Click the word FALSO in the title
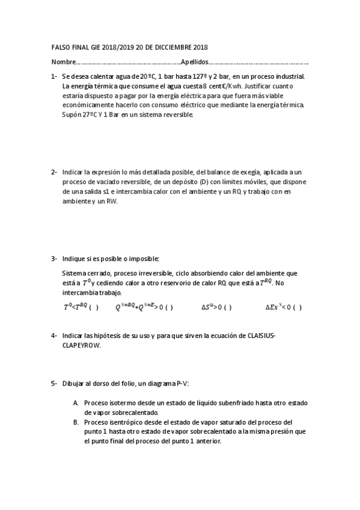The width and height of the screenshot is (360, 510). [x=61, y=48]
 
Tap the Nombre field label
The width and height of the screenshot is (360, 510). [x=64, y=62]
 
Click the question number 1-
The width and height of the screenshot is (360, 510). [x=54, y=76]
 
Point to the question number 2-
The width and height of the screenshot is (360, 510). [x=54, y=172]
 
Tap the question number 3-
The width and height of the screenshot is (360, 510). [x=54, y=259]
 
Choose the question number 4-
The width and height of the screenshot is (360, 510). [x=54, y=335]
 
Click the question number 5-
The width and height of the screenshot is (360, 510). [x=54, y=382]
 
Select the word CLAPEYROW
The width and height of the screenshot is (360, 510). [x=82, y=346]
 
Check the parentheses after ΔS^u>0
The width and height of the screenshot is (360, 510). [x=227, y=307]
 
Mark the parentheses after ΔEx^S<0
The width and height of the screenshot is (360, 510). [x=297, y=307]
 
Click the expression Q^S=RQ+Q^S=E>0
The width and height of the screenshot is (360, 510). [x=137, y=307]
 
